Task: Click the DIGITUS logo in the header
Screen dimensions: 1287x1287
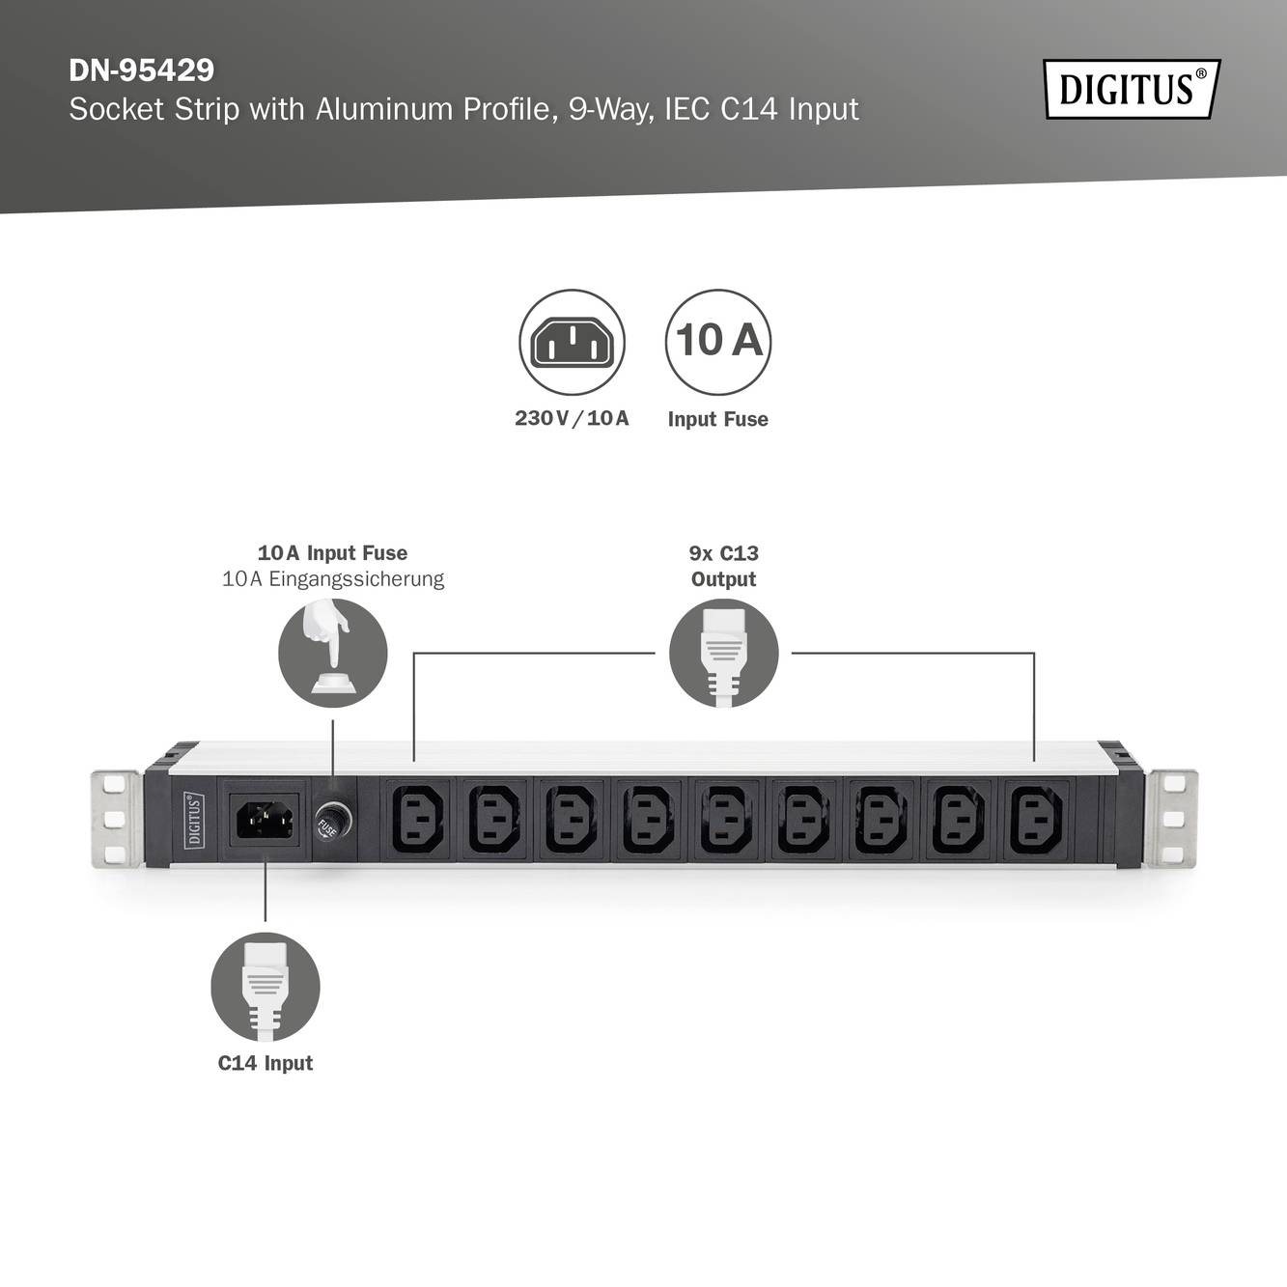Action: pos(1132,89)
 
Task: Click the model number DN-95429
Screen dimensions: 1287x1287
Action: pos(141,70)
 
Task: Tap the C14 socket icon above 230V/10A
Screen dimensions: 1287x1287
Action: pos(572,342)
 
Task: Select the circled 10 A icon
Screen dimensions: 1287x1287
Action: pos(717,341)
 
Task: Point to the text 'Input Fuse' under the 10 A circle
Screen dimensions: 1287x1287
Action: pos(717,419)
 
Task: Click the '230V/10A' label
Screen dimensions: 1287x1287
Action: pos(572,418)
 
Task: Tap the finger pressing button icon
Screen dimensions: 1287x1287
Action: pos(332,653)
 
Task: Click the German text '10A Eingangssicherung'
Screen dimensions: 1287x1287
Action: pos(332,579)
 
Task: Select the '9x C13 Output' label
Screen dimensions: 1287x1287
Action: pos(723,566)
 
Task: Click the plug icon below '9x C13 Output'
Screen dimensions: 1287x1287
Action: pos(723,653)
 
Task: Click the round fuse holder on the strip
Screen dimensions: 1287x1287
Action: pos(333,822)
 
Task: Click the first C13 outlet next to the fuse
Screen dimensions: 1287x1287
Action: pos(418,820)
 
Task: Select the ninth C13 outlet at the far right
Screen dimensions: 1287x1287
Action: pos(1036,820)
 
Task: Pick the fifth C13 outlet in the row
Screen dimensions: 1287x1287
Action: pos(727,820)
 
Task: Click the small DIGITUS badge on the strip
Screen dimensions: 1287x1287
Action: pos(194,820)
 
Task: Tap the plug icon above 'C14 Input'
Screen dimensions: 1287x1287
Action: pos(265,986)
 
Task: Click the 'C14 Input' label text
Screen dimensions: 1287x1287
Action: pos(265,1063)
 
